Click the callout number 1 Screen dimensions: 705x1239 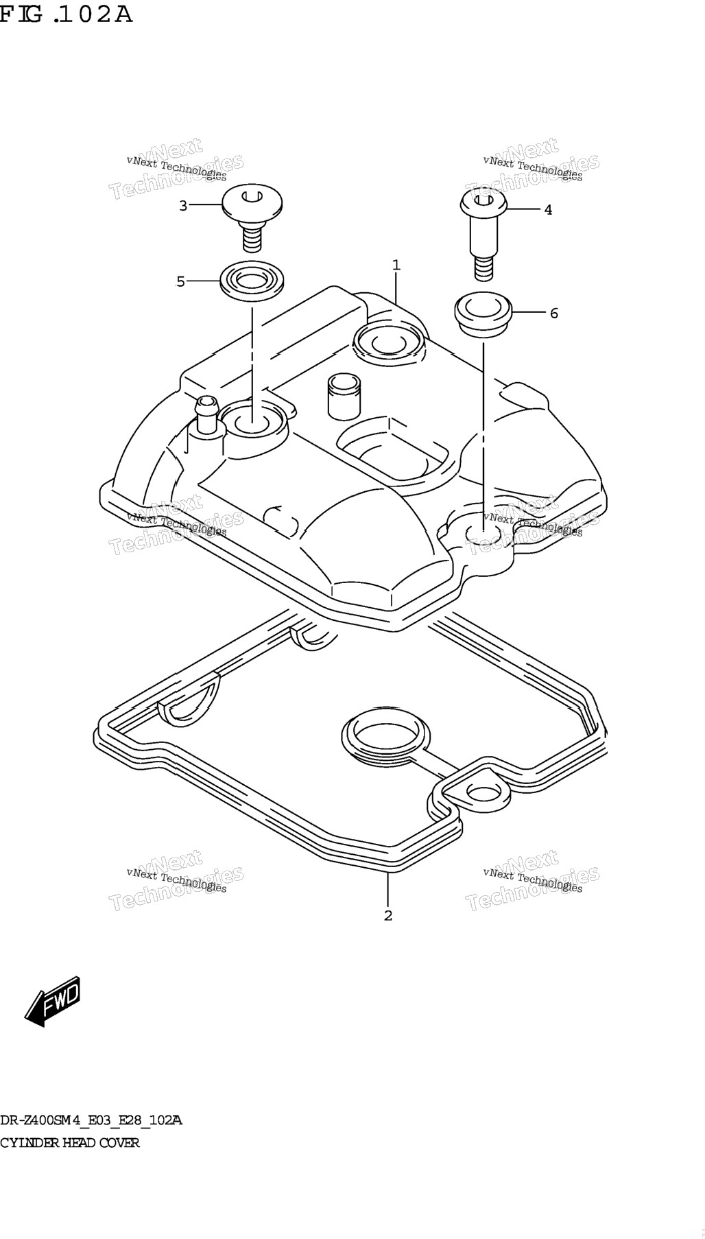point(396,265)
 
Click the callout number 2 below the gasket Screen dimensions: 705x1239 point(388,915)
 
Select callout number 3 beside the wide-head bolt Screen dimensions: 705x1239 point(183,205)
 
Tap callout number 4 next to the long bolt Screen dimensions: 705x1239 point(548,210)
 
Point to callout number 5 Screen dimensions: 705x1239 point(180,281)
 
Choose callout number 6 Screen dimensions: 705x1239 point(554,314)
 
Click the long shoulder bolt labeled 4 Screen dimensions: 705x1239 point(483,233)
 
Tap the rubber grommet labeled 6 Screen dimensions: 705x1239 point(483,315)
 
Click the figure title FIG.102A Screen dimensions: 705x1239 point(66,14)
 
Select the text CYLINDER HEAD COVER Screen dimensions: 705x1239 point(70,1143)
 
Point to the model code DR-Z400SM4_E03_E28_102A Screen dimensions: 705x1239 point(91,1121)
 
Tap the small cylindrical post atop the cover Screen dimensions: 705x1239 point(344,396)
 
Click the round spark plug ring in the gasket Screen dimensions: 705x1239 point(386,738)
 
